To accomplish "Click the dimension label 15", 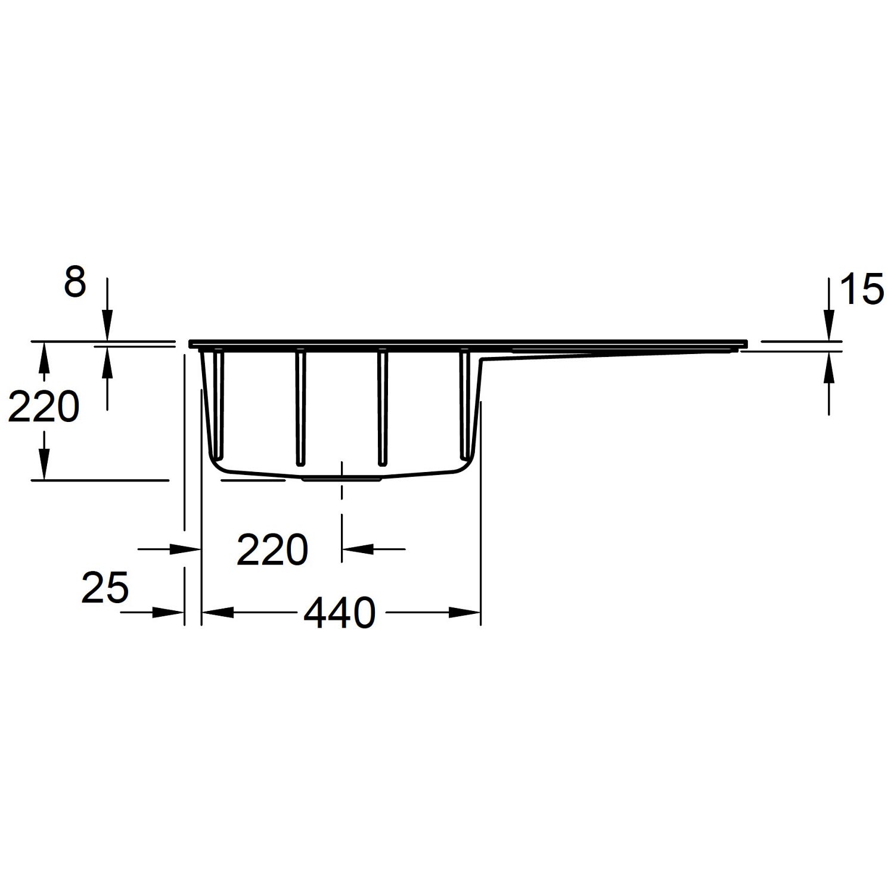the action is (x=861, y=290).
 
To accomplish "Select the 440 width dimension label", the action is (x=340, y=613).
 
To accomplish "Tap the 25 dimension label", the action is (x=105, y=587).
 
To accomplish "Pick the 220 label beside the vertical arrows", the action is (x=43, y=408).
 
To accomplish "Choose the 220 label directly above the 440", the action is (x=272, y=550).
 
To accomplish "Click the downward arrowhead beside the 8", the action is (x=107, y=329).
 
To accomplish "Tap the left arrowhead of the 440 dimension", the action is (x=218, y=612).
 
